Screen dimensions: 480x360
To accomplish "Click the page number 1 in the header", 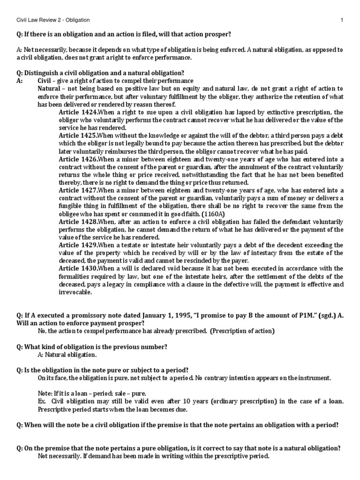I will (342, 20).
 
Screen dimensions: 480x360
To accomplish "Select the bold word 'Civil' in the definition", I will (45, 81).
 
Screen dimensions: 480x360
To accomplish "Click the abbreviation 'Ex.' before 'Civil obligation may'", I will (41, 401).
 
